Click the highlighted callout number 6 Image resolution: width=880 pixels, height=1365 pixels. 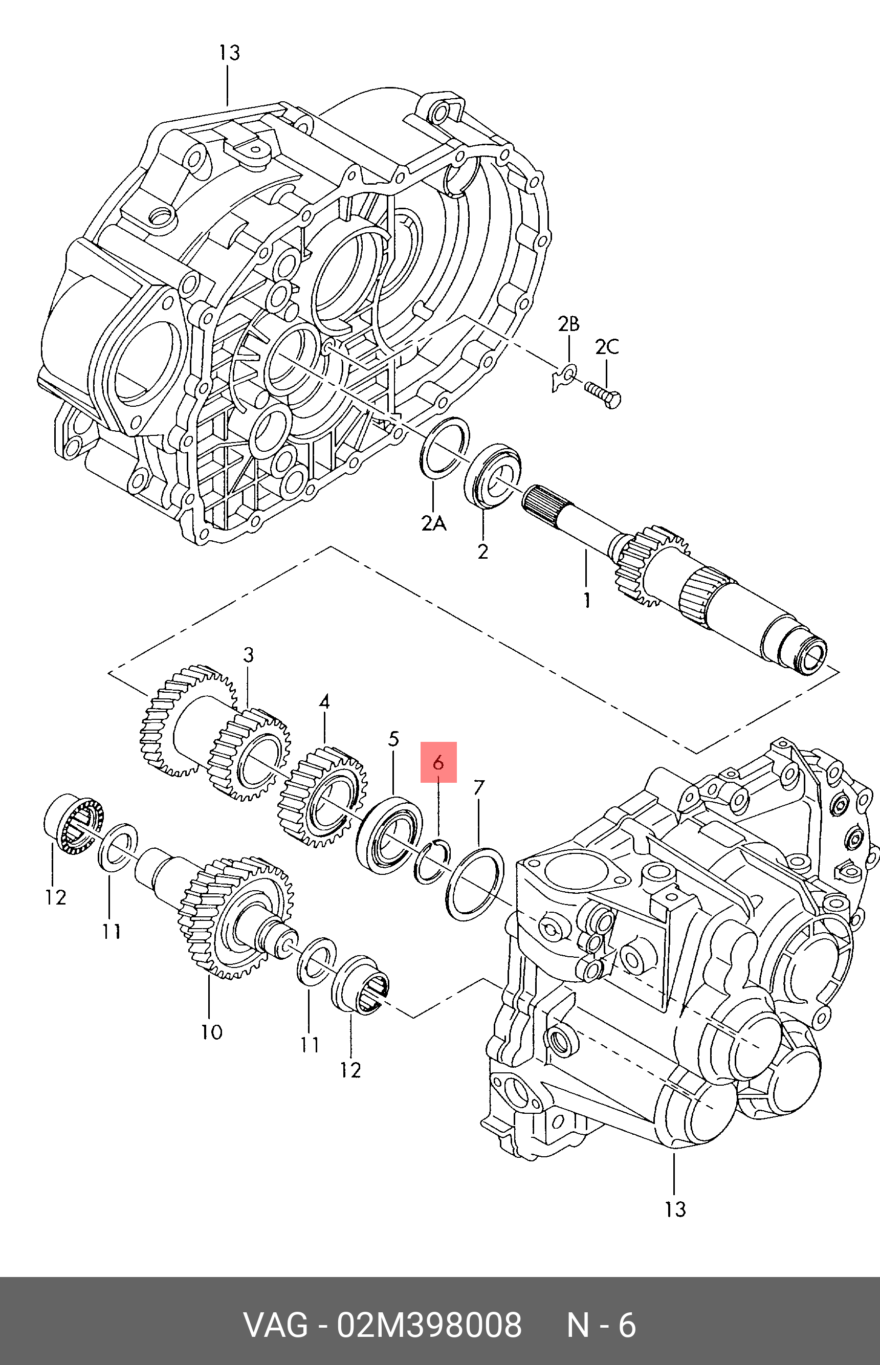point(438,762)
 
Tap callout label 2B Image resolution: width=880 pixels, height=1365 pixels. point(568,324)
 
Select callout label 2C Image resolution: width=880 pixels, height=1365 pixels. point(606,347)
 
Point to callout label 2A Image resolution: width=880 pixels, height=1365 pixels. point(434,523)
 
